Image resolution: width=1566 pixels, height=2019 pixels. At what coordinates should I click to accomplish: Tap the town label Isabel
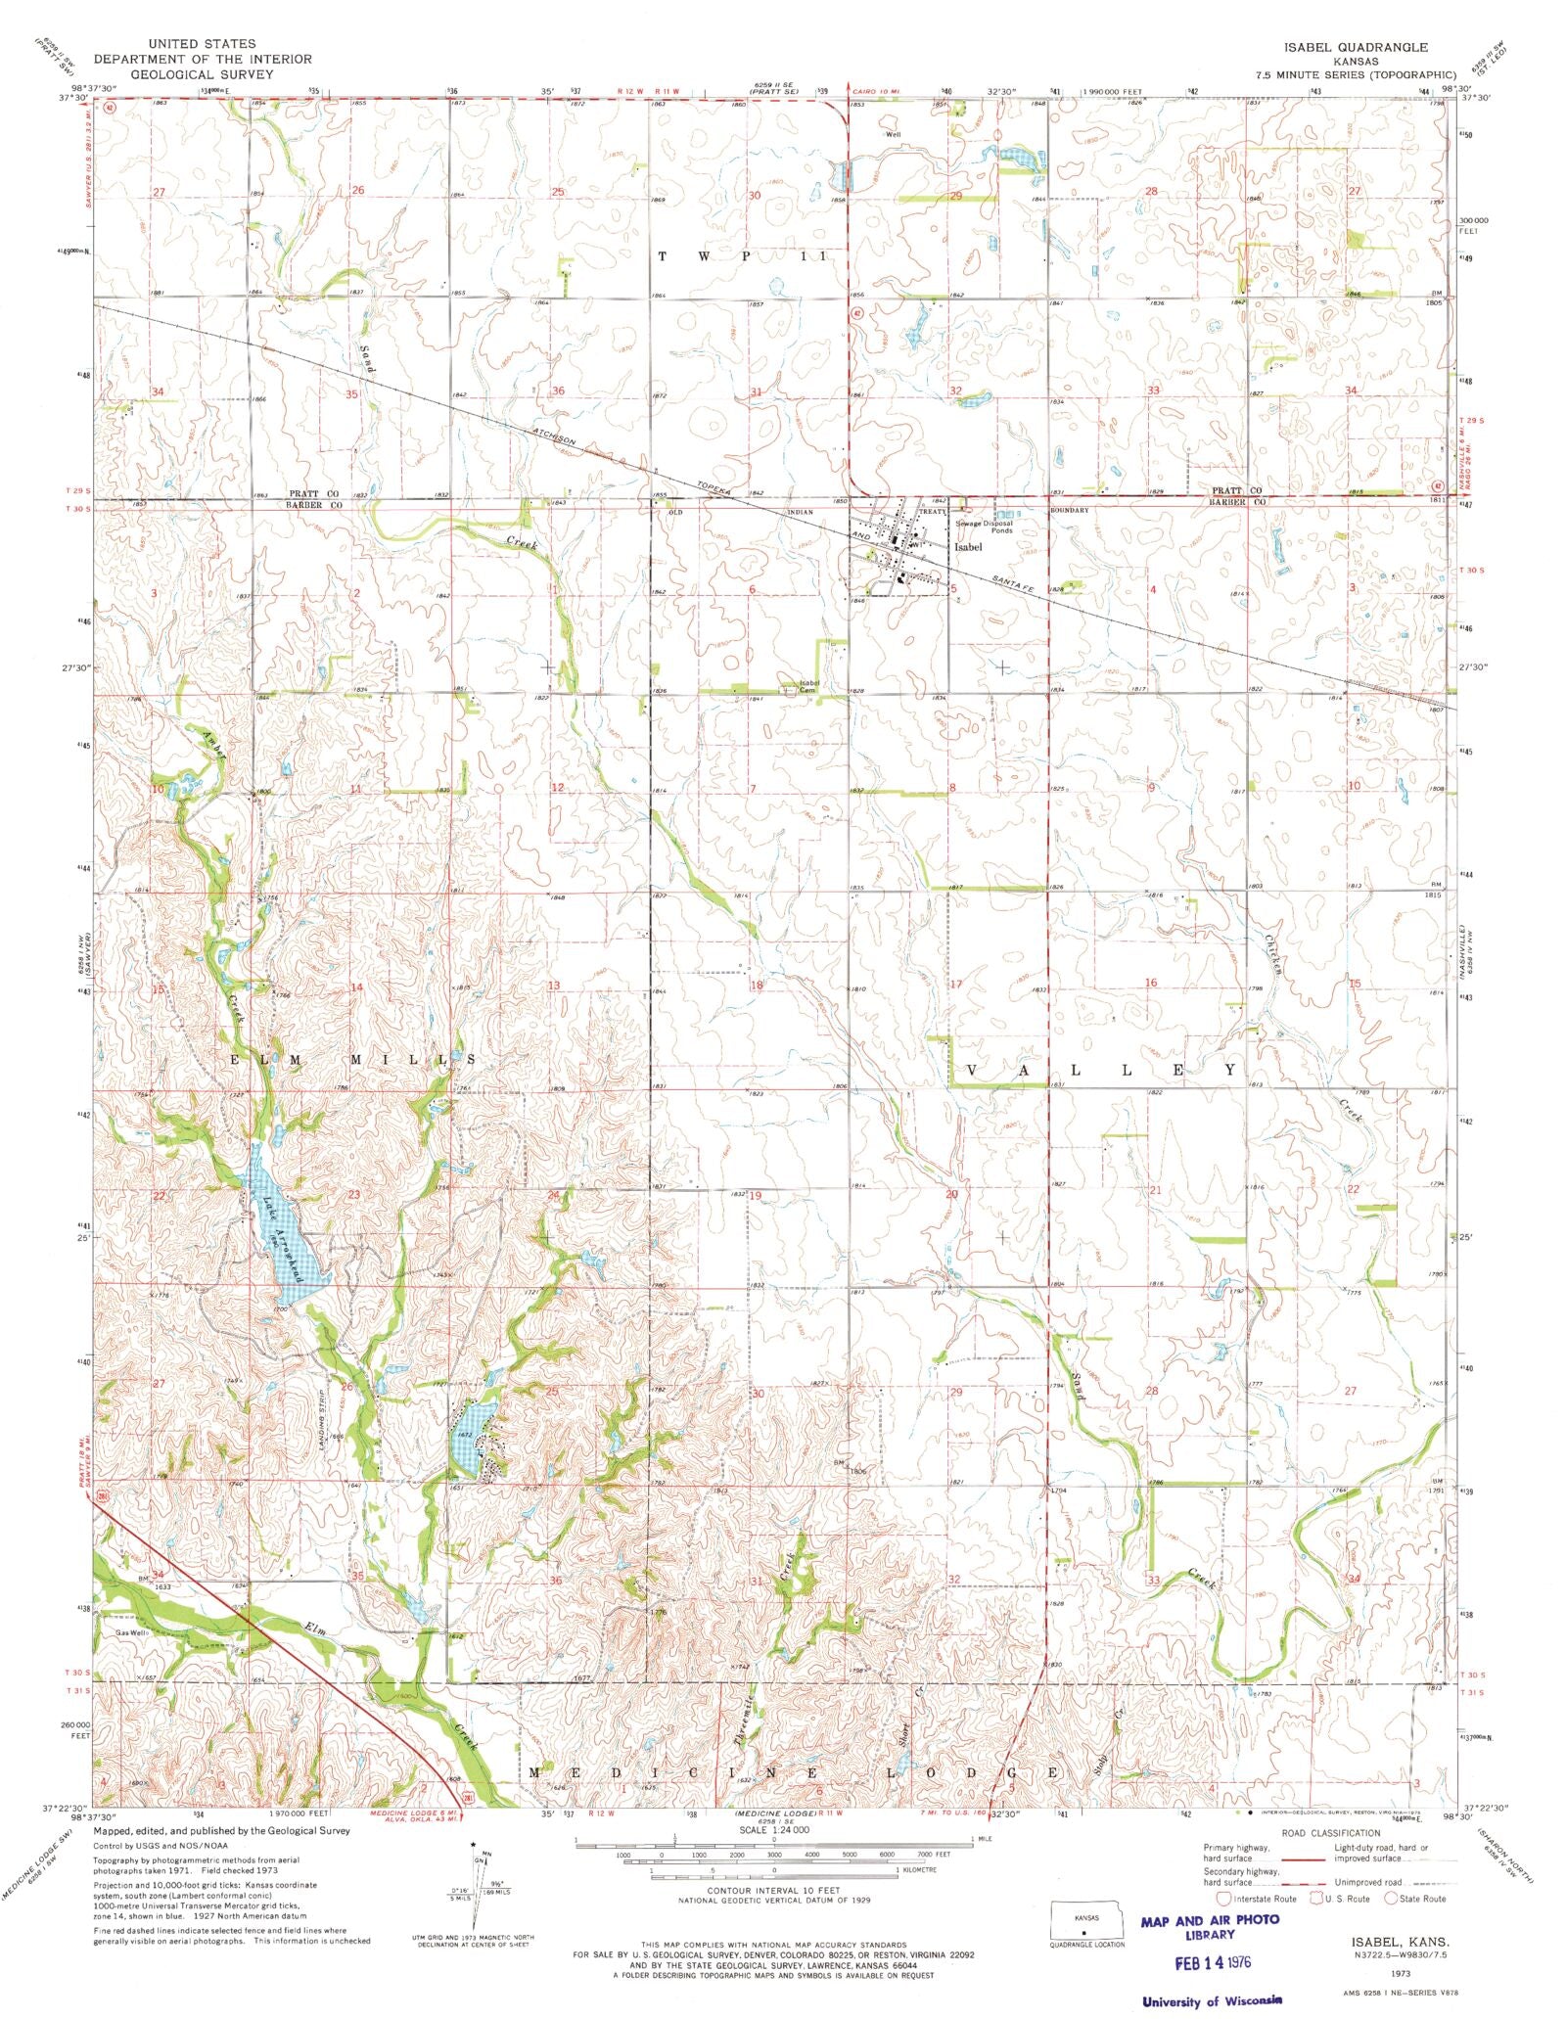point(967,547)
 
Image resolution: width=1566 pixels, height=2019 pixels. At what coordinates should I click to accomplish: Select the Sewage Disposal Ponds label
point(986,527)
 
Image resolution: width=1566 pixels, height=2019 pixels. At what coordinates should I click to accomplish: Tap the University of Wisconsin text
point(1212,2001)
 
